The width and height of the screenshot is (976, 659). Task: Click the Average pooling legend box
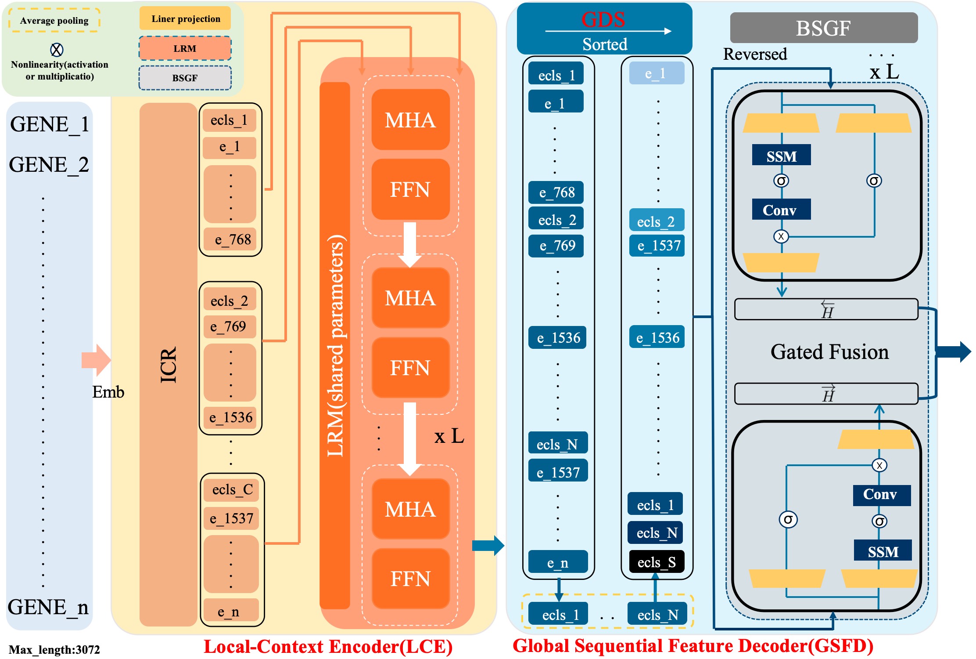click(54, 21)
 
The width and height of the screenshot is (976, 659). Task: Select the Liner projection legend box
click(185, 19)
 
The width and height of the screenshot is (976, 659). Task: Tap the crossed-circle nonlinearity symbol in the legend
click(57, 50)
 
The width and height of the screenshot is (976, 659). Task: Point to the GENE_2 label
click(49, 165)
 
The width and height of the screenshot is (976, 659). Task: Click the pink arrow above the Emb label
click(96, 360)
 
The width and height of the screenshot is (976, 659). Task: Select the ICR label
click(168, 365)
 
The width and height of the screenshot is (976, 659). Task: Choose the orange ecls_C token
click(232, 489)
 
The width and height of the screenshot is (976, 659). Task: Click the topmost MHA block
click(410, 120)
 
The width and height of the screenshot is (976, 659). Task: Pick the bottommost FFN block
click(410, 579)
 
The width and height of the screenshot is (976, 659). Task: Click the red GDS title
click(603, 19)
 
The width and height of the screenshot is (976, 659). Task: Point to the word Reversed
click(755, 54)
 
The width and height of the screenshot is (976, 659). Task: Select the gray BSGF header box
click(823, 28)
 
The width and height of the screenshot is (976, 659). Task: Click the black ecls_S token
click(657, 562)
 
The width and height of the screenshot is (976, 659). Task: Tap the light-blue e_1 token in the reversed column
click(657, 73)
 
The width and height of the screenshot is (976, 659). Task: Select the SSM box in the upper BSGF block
click(781, 156)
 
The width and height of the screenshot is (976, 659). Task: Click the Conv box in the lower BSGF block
click(881, 495)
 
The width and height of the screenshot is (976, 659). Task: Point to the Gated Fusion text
click(829, 352)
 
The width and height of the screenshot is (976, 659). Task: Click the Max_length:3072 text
click(54, 649)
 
